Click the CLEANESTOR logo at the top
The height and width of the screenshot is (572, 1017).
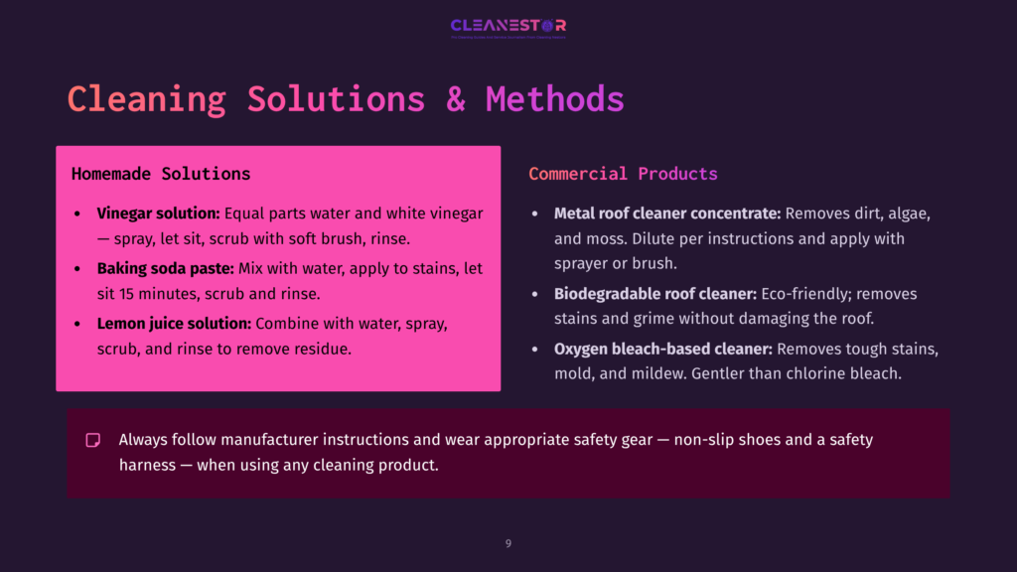point(508,26)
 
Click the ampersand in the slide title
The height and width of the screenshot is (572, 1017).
point(455,99)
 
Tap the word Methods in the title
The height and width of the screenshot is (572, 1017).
point(554,99)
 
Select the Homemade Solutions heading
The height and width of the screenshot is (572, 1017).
point(161,174)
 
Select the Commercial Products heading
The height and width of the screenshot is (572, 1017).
point(623,174)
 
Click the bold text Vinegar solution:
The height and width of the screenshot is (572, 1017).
point(158,214)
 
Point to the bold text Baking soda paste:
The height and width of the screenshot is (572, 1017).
point(164,269)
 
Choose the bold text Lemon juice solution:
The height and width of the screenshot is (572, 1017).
point(174,324)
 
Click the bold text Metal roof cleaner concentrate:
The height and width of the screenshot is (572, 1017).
point(667,214)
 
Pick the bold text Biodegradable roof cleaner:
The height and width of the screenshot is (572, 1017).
point(654,294)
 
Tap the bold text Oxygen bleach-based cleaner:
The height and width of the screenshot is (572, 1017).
point(662,350)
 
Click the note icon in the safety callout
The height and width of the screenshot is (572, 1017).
point(93,440)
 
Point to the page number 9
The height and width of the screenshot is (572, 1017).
point(508,543)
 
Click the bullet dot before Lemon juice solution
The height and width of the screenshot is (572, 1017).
point(79,325)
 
